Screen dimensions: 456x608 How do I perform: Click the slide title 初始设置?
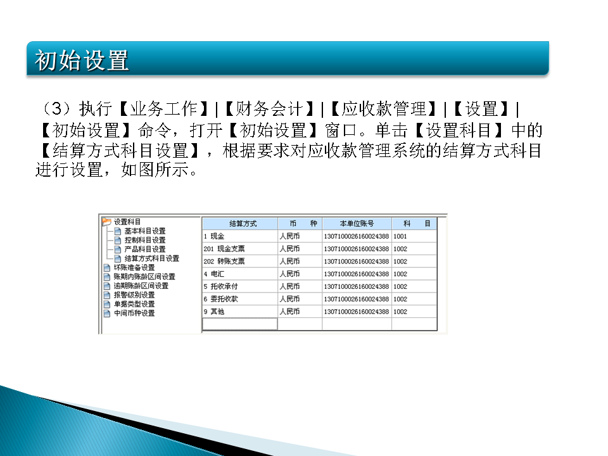[x=82, y=61]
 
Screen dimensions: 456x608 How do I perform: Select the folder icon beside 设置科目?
[x=106, y=222]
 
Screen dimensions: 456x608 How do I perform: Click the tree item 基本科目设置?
[x=144, y=231]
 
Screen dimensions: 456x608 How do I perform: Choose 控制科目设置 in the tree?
[x=144, y=240]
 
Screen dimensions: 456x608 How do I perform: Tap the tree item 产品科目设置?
[x=144, y=249]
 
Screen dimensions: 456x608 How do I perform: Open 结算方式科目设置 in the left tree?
[x=151, y=258]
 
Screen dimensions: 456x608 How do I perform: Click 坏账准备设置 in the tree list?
[x=134, y=267]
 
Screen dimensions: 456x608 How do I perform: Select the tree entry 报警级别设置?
[x=134, y=294]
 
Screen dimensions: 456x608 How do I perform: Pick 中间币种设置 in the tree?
[x=134, y=313]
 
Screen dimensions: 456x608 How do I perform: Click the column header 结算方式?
[x=240, y=224]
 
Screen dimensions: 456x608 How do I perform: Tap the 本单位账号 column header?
[x=357, y=224]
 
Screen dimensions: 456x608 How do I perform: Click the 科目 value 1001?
[x=400, y=236]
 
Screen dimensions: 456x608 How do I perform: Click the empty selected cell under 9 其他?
[x=240, y=324]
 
